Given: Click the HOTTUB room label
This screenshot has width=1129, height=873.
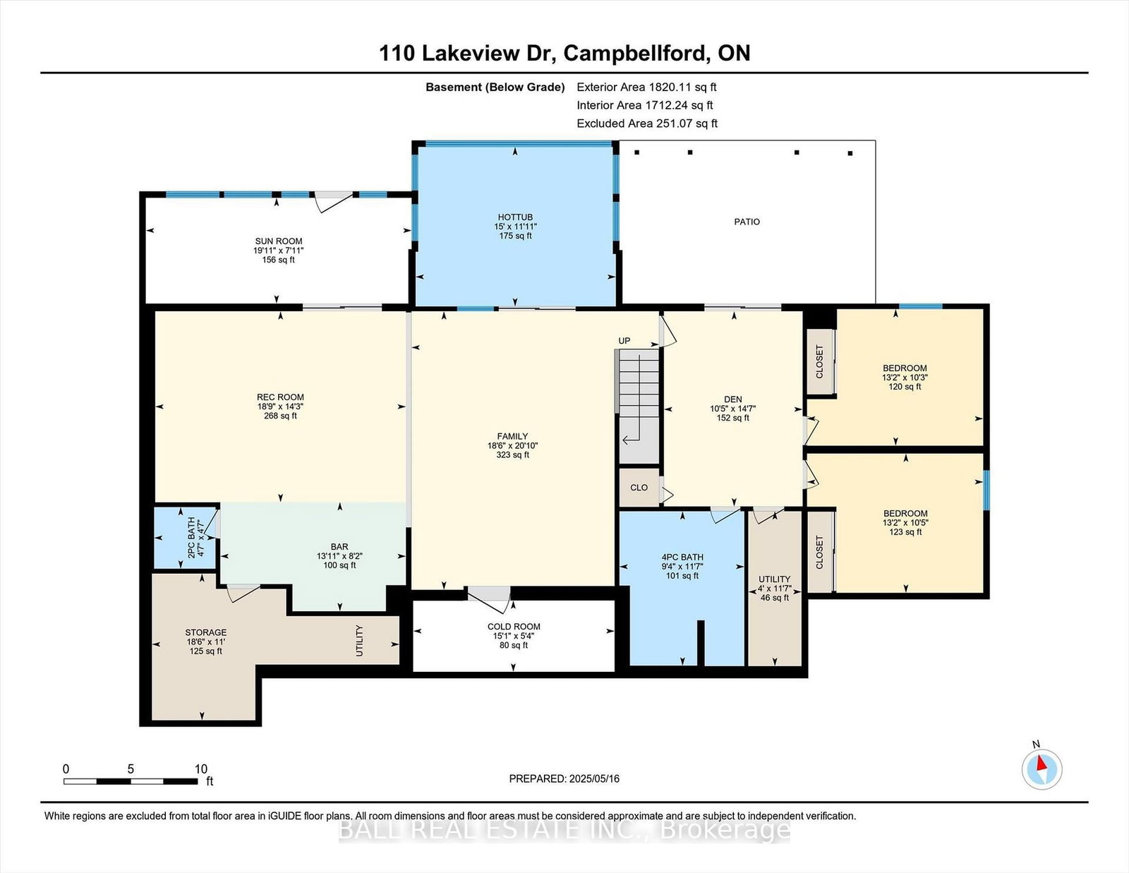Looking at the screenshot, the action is (x=515, y=217).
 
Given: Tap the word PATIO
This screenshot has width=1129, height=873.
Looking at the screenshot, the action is (x=747, y=222).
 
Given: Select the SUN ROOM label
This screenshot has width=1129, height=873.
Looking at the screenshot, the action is (x=279, y=241).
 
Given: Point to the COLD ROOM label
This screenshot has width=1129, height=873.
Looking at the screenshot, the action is (x=514, y=627).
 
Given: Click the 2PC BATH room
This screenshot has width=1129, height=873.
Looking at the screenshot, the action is (x=186, y=537).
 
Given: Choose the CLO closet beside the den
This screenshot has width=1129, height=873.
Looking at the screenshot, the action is (x=639, y=488).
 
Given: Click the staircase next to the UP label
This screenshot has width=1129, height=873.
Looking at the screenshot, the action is (x=639, y=406).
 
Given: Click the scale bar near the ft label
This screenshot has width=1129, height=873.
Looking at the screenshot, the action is (x=131, y=781).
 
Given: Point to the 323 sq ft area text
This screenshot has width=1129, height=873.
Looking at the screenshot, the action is (x=512, y=454).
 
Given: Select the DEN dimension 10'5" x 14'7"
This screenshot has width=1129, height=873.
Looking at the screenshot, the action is (x=732, y=409).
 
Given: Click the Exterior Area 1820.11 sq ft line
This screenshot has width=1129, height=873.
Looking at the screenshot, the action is (x=646, y=87).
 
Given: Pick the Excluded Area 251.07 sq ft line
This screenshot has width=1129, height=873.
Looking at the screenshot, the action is (x=647, y=124).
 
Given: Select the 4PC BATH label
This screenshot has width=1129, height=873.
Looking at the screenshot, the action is (x=682, y=557).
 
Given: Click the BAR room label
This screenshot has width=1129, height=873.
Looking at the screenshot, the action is (x=339, y=547).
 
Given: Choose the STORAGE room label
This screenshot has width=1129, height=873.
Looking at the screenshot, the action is (x=206, y=632).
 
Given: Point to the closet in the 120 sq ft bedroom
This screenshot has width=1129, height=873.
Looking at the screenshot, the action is (x=820, y=361).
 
